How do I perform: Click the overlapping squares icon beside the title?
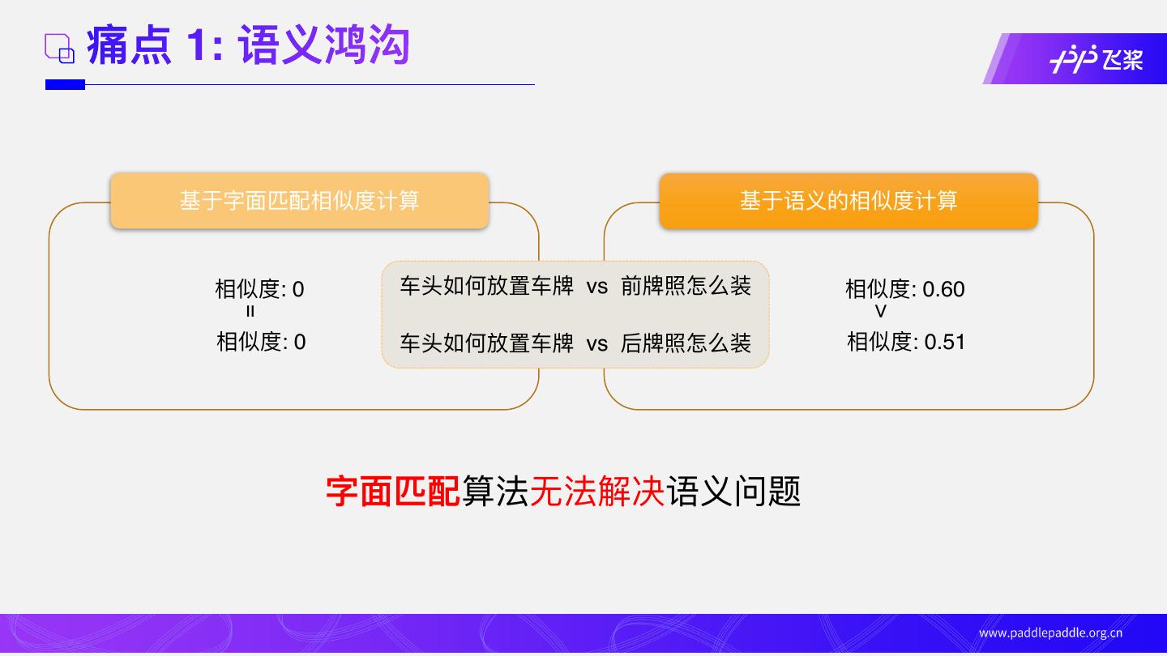tap(59, 48)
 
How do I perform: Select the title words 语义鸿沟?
tap(324, 45)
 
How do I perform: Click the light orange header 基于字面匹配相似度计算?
tap(299, 201)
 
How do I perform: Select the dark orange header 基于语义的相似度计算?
tap(848, 201)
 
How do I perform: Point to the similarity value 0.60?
tap(943, 289)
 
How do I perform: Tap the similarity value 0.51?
tap(945, 342)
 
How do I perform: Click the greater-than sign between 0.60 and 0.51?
tap(881, 312)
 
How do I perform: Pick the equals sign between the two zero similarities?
tap(250, 312)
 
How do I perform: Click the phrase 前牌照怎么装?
tap(686, 286)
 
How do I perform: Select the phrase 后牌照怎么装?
tap(686, 343)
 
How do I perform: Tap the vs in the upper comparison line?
tap(596, 287)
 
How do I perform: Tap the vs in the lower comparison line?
tap(596, 344)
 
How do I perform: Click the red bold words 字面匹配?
tap(393, 491)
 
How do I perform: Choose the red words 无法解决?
tap(597, 491)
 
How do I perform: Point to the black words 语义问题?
tap(734, 491)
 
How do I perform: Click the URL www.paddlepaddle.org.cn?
tap(1050, 633)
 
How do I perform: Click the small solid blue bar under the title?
tap(65, 84)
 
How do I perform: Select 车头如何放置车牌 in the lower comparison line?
tap(486, 343)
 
